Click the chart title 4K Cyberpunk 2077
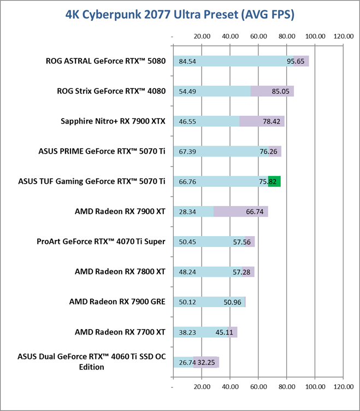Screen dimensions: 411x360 pos(180,15)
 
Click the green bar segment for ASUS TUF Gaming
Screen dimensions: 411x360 pos(274,181)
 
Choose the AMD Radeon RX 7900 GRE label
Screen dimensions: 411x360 pos(116,301)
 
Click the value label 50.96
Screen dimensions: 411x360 pos(233,301)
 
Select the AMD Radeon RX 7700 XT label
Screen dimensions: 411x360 pos(120,331)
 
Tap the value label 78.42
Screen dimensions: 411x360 pos(272,121)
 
